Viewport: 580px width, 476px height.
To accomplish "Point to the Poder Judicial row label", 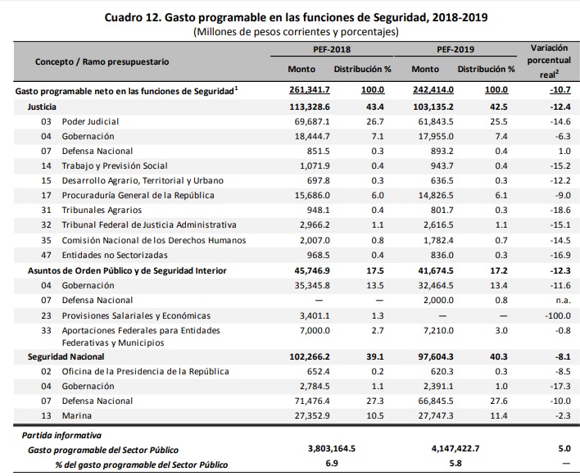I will (x=92, y=121).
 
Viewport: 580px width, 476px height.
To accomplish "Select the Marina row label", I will (x=76, y=415).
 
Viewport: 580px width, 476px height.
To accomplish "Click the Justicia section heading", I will (x=43, y=107).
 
